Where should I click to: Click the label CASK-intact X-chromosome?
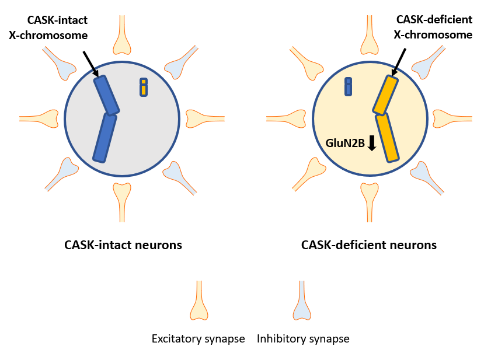(48, 27)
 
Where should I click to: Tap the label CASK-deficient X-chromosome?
(433, 27)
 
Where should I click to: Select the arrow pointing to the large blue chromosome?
(91, 64)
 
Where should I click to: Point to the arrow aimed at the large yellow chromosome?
(398, 62)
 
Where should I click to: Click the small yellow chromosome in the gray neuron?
(144, 87)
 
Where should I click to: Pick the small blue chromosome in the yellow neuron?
(348, 86)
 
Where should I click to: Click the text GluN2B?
(345, 143)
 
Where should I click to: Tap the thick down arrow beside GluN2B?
(372, 143)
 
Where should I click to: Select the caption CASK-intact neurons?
(123, 245)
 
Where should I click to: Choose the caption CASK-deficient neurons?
(369, 245)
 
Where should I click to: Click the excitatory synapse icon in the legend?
(199, 300)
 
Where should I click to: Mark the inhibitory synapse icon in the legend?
(302, 300)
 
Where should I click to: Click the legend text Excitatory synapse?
(199, 339)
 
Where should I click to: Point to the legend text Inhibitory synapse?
(303, 339)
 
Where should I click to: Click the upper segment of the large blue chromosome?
(106, 95)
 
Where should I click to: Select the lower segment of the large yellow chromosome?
(387, 138)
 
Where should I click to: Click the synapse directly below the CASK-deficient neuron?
(370, 202)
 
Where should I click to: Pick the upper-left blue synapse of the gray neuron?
(60, 62)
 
